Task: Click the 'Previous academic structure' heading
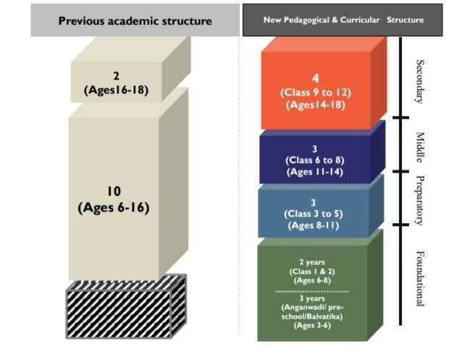(x=135, y=21)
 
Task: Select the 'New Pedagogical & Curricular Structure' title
(x=343, y=20)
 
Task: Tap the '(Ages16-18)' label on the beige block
(x=117, y=90)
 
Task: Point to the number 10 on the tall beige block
(x=114, y=191)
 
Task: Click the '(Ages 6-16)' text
(x=114, y=208)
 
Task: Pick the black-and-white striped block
(x=126, y=306)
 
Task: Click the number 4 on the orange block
(x=316, y=78)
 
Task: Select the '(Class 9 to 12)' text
(x=316, y=93)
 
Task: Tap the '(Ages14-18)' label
(x=316, y=105)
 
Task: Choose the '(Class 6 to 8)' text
(x=315, y=160)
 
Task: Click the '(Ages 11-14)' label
(x=315, y=172)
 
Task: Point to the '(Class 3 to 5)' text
(x=314, y=214)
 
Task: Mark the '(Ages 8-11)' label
(x=314, y=226)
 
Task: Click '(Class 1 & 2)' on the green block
(x=312, y=272)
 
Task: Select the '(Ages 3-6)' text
(x=312, y=326)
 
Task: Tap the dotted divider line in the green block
(x=312, y=291)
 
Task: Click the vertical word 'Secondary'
(x=420, y=82)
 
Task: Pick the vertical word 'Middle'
(x=420, y=147)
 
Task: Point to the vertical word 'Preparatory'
(x=420, y=201)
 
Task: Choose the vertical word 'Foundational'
(x=420, y=279)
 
